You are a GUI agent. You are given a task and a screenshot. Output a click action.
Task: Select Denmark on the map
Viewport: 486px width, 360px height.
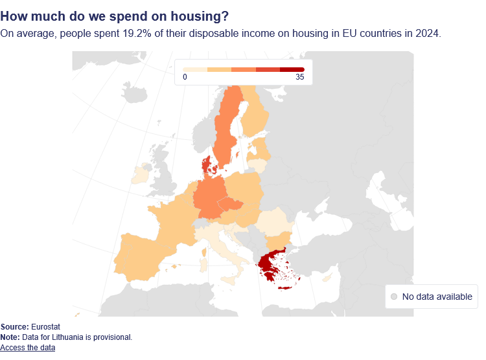(x=207, y=165)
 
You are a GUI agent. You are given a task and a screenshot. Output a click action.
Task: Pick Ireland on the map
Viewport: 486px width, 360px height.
(x=140, y=175)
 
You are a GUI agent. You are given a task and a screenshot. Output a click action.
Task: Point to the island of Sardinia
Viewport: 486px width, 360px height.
(x=203, y=264)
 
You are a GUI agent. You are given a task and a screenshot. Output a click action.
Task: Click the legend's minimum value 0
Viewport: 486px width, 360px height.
(x=185, y=78)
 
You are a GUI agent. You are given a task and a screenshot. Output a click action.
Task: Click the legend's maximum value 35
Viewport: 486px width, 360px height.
(x=299, y=78)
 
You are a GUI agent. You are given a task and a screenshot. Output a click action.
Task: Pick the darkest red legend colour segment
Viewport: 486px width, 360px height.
(x=292, y=69)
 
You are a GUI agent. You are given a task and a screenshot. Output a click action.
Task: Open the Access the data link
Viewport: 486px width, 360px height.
(x=28, y=348)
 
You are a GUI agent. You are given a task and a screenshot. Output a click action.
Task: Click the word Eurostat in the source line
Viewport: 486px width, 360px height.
(x=45, y=327)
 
